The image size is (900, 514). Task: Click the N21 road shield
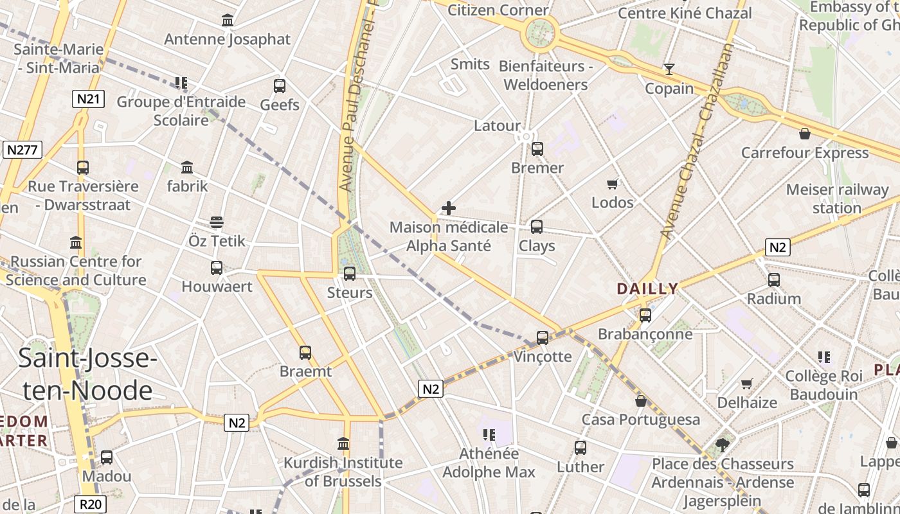coord(88,99)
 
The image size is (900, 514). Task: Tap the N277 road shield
coord(22,150)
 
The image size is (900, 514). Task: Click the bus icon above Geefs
coord(280,85)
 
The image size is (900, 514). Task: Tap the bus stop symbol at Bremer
coord(537,149)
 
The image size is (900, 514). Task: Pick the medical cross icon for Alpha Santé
coord(449,208)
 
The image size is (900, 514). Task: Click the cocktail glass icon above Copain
coord(669,69)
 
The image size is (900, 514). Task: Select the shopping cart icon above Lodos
coord(613,184)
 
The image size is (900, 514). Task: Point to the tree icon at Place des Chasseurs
coord(723,445)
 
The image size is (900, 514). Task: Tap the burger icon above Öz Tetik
coord(217,222)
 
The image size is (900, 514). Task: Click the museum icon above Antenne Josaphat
coord(227,21)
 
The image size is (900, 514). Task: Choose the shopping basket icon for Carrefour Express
coord(804,134)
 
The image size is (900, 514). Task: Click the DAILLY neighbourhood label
coord(647,288)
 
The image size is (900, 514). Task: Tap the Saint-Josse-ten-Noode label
coord(87,374)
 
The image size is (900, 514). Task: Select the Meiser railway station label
coord(836,199)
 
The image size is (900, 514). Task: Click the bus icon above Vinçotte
coord(543,337)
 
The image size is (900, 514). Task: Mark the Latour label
coord(497,125)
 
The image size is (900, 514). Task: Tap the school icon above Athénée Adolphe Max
coord(489,435)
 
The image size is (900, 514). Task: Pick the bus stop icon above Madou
coord(107,457)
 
